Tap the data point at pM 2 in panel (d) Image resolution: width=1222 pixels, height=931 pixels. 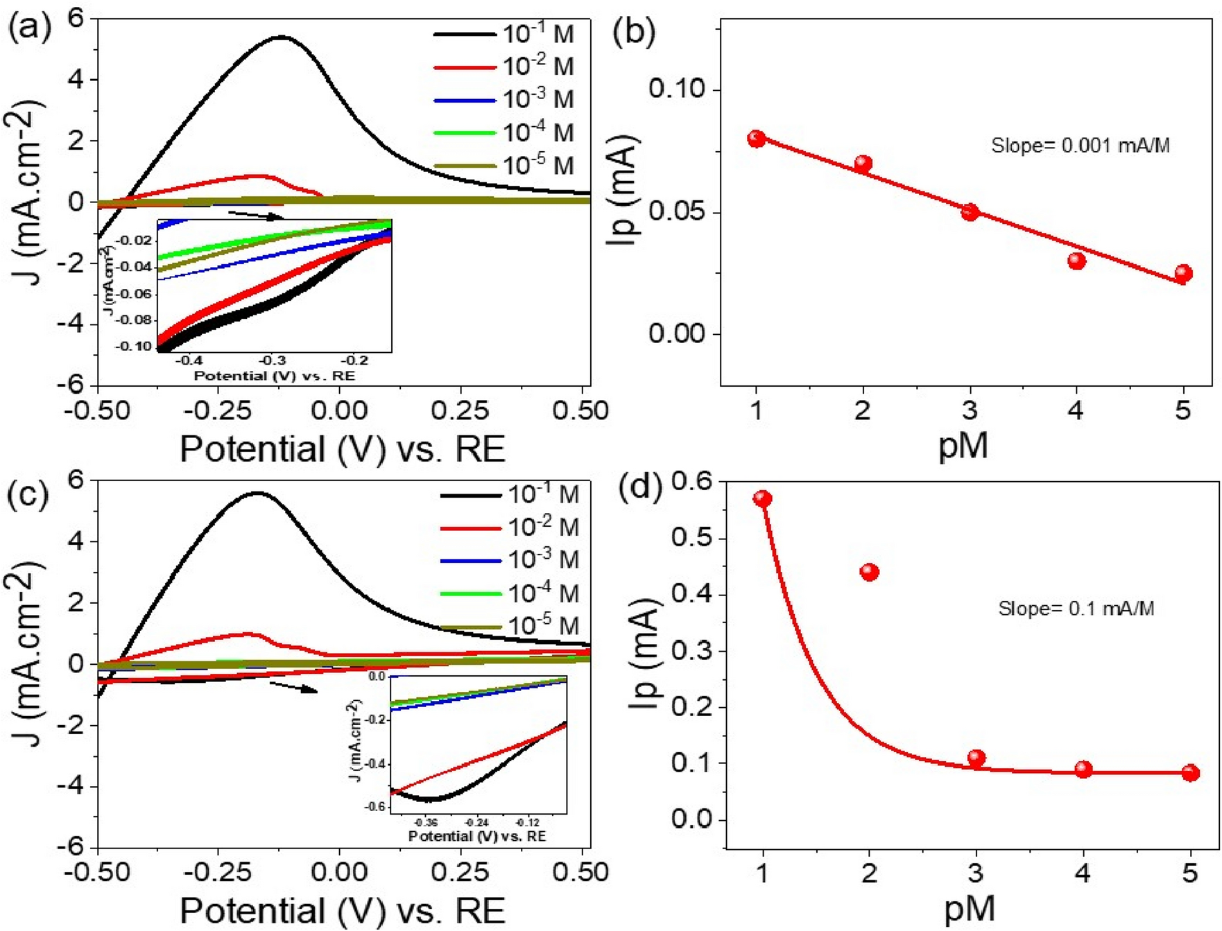pyautogui.click(x=869, y=572)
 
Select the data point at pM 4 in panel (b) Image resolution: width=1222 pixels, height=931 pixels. pyautogui.click(x=1076, y=261)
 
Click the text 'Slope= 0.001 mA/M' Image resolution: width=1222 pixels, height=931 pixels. pyautogui.click(x=1081, y=146)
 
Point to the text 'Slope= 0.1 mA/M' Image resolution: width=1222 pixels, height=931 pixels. pyautogui.click(x=1076, y=609)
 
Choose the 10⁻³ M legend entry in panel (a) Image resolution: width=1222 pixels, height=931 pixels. pyautogui.click(x=538, y=99)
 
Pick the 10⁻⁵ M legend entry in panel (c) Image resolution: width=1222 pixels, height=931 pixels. pyautogui.click(x=543, y=626)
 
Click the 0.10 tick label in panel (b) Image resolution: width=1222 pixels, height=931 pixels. pyautogui.click(x=676, y=89)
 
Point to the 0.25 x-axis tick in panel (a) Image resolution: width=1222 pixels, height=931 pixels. pyautogui.click(x=460, y=410)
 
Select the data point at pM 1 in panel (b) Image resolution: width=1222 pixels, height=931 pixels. pyautogui.click(x=757, y=139)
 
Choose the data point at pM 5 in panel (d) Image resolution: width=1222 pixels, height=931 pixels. pyautogui.click(x=1190, y=772)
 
